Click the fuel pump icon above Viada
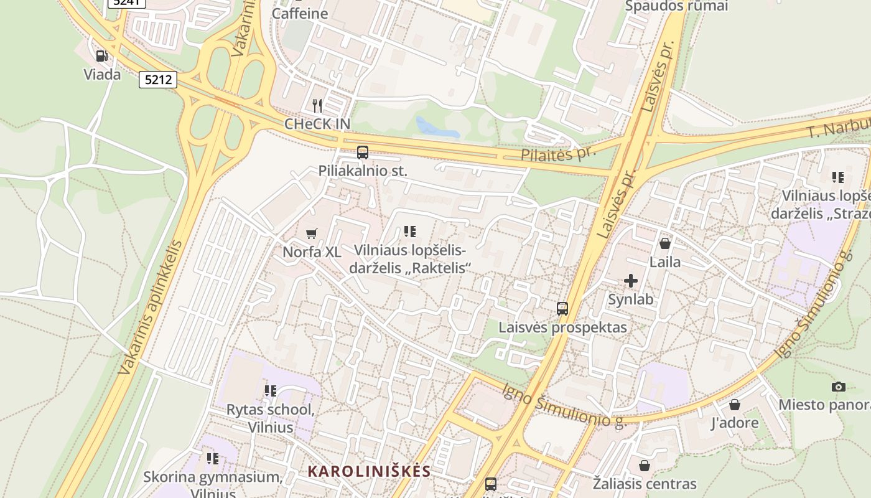(101, 56)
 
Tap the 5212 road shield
(158, 80)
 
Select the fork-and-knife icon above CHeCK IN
(317, 105)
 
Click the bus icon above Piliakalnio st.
(363, 152)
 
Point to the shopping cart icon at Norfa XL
(312, 233)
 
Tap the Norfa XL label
(312, 252)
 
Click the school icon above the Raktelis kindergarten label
(409, 232)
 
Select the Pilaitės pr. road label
(558, 153)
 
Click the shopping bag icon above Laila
(665, 243)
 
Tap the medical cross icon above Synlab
(631, 281)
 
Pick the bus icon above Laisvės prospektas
(562, 309)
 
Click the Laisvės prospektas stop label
(562, 327)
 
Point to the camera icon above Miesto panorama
(838, 387)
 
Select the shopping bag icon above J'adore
(735, 405)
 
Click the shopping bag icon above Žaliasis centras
(645, 466)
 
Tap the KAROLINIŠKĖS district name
(369, 471)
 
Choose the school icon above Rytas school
(270, 391)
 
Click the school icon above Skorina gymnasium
(213, 459)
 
